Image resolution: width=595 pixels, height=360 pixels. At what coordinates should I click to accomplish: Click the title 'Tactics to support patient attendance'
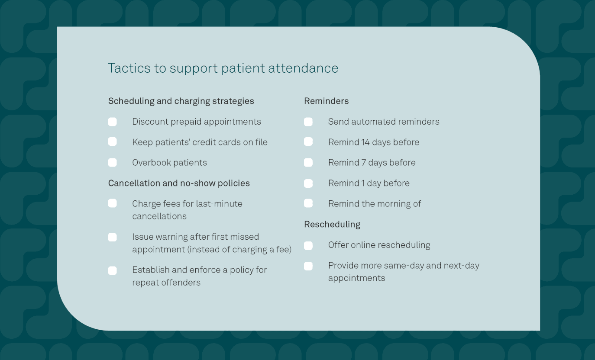223,68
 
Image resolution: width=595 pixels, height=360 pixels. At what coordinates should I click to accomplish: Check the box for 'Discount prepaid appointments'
113,122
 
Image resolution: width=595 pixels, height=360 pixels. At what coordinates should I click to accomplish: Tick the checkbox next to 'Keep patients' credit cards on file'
113,142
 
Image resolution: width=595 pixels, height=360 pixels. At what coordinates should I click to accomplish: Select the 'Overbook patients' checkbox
113,163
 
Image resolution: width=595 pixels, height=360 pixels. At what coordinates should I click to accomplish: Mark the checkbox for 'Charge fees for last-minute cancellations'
113,204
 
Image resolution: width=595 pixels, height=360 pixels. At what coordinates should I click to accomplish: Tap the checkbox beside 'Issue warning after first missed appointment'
113,237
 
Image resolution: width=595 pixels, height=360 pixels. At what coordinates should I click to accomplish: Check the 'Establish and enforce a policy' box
113,271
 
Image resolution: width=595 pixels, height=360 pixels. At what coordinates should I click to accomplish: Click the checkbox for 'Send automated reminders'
308,122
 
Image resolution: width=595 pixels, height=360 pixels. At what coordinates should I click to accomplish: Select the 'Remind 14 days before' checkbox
308,142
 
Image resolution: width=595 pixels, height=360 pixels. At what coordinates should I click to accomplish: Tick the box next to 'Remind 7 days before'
308,163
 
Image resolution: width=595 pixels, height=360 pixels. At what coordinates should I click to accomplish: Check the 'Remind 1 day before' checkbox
308,183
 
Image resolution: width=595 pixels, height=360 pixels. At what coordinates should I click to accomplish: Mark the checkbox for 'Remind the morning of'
308,203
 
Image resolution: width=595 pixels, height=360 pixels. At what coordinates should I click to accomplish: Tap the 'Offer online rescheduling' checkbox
308,246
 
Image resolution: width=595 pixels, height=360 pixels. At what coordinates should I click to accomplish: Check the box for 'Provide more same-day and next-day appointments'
308,266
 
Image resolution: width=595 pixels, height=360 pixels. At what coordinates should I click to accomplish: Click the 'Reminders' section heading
326,101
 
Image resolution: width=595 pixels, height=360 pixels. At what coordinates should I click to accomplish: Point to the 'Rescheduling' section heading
332,225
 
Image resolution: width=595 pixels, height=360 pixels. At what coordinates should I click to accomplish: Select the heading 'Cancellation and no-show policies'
179,183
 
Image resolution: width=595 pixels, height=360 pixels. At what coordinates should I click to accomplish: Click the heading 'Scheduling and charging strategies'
181,101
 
